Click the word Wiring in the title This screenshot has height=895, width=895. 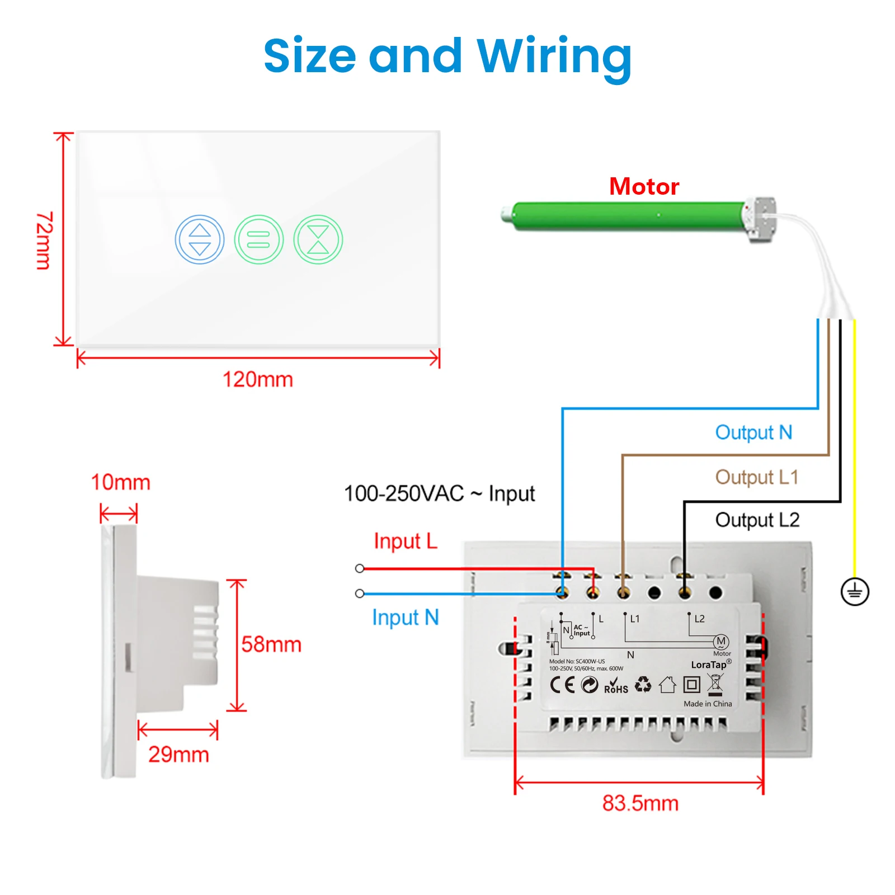[554, 56]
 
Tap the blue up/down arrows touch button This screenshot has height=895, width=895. [200, 239]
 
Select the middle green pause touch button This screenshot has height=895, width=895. [259, 239]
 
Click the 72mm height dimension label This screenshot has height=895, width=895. [45, 241]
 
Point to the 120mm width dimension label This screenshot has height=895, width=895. [258, 379]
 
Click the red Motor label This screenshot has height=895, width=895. [644, 186]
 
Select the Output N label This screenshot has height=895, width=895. [753, 432]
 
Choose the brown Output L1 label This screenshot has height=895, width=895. [756, 477]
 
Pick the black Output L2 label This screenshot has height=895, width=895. [757, 520]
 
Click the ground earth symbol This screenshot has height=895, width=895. [855, 591]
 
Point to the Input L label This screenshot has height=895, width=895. [406, 541]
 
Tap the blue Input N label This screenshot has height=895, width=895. [406, 618]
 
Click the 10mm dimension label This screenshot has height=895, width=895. [121, 482]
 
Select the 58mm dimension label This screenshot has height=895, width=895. [271, 644]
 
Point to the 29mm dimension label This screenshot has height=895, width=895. [178, 755]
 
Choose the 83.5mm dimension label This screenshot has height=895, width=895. [640, 803]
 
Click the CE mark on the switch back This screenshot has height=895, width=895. [562, 685]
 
